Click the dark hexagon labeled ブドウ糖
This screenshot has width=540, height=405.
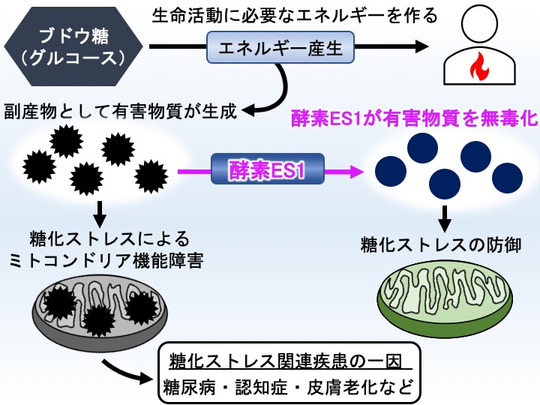pyautogui.click(x=73, y=46)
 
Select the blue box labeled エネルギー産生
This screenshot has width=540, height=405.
pyautogui.click(x=280, y=47)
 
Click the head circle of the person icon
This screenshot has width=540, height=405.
pyautogui.click(x=480, y=24)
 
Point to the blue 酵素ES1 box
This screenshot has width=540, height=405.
pyautogui.click(x=268, y=169)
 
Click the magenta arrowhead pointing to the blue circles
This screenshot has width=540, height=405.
pyautogui.click(x=356, y=171)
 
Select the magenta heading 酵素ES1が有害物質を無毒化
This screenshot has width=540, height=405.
pyautogui.click(x=415, y=118)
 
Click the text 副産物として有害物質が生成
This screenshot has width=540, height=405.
pyautogui.click(x=121, y=111)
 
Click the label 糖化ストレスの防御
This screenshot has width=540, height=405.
pyautogui.click(x=441, y=245)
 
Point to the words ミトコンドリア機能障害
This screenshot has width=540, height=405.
pyautogui.click(x=106, y=261)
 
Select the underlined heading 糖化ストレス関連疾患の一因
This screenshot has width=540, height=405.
pyautogui.click(x=286, y=361)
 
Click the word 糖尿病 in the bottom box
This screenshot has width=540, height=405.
pyautogui.click(x=189, y=388)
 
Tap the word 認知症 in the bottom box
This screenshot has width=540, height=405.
pyautogui.click(x=262, y=388)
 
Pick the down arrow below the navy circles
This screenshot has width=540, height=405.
pyautogui.click(x=445, y=219)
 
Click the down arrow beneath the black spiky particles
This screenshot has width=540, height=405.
pyautogui.click(x=100, y=214)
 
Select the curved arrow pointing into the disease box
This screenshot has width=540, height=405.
pyautogui.click(x=127, y=372)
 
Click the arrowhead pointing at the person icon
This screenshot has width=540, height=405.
pyautogui.click(x=421, y=46)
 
